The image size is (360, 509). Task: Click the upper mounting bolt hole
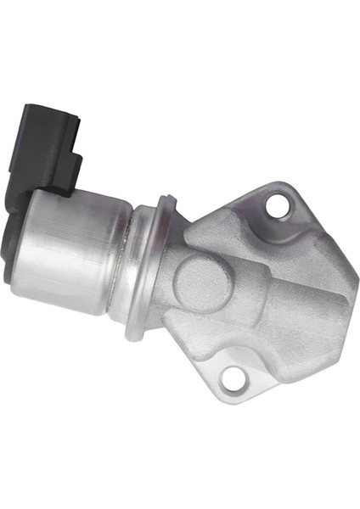[277, 204]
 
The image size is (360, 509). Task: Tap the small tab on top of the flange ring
[168, 202]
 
